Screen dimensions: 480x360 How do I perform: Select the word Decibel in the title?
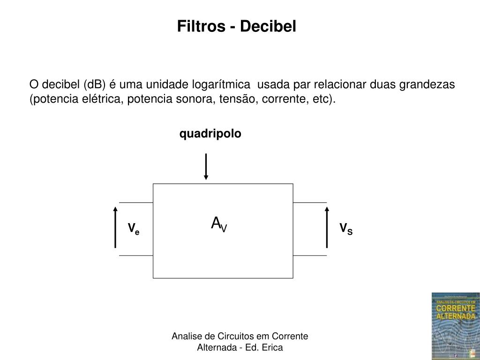click(269, 26)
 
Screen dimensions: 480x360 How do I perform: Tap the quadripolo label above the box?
click(210, 134)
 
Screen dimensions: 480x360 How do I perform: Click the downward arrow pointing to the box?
click(206, 166)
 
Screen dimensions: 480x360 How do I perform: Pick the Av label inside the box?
click(219, 224)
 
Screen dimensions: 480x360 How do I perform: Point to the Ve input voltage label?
click(134, 229)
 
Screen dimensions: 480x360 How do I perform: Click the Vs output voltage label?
click(346, 229)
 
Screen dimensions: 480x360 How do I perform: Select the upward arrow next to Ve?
click(115, 227)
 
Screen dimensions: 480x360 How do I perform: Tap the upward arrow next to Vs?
click(327, 227)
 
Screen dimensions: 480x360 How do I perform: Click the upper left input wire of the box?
click(136, 202)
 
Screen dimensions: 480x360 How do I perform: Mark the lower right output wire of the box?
click(310, 255)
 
